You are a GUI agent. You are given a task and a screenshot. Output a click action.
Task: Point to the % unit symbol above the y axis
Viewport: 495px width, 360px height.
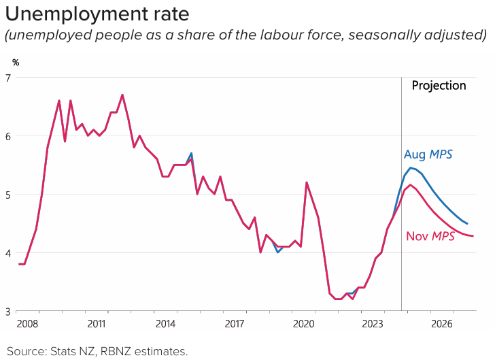(15, 63)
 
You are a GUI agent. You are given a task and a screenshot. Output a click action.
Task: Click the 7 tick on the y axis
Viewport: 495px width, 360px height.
(8, 78)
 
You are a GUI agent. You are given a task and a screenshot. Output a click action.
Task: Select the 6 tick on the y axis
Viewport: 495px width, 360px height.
(8, 136)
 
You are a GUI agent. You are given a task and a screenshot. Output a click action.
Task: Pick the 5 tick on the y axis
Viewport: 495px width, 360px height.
(8, 195)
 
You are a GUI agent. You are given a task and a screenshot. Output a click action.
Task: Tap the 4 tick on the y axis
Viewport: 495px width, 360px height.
(8, 253)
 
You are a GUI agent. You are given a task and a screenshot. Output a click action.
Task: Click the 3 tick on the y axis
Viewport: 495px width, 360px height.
(8, 312)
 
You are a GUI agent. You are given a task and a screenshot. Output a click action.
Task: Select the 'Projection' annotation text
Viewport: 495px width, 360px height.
(439, 86)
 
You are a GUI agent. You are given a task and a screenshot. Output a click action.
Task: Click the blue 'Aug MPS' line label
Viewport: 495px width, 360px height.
(428, 154)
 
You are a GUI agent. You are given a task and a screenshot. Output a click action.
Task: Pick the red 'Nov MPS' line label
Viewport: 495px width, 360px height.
(430, 236)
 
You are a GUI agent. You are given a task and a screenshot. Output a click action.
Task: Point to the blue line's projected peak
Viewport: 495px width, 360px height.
(411, 167)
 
